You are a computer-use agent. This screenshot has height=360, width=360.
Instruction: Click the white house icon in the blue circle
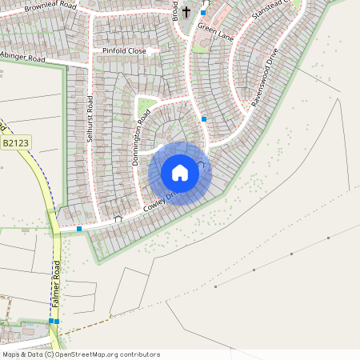click(180, 173)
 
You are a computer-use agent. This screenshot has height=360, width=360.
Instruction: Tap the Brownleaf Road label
click(50, 6)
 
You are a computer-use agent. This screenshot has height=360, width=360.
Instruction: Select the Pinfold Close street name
click(124, 50)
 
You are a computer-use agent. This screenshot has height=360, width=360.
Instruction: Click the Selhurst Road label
click(90, 121)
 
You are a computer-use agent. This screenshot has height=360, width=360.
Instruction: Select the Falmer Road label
click(56, 285)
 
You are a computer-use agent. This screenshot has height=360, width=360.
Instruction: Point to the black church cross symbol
click(186, 12)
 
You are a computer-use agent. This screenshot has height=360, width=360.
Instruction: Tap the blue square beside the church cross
click(203, 13)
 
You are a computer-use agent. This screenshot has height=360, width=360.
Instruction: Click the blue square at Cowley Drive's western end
click(79, 229)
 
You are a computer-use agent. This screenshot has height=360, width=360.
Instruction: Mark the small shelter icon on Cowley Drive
click(118, 218)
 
